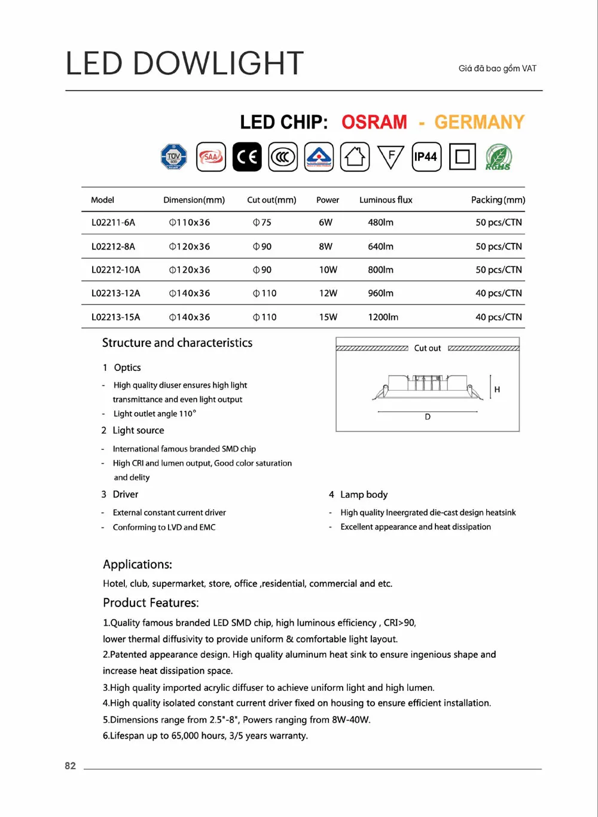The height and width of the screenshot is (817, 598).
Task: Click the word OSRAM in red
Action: point(374,122)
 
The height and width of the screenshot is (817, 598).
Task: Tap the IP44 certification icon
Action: point(426,157)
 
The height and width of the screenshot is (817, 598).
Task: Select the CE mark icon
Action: point(247,157)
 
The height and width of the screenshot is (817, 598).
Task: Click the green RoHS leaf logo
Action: point(498,157)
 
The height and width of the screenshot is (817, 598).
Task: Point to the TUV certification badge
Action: point(174,157)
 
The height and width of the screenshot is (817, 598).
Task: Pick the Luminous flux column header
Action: point(386,200)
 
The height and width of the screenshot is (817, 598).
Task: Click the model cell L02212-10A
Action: point(115,270)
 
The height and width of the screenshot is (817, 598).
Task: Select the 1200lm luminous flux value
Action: point(383,317)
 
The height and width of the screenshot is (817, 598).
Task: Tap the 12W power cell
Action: point(328,293)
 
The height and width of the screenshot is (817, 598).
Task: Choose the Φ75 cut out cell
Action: point(262,222)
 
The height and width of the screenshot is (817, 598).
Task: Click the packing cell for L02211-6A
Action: point(498,222)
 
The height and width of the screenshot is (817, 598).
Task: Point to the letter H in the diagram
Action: point(497,389)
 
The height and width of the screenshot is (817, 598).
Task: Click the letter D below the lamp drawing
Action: point(428,417)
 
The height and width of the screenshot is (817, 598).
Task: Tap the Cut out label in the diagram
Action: point(428,348)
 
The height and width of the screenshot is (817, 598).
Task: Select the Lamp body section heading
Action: point(364,495)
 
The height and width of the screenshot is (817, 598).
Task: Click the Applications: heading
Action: point(138,565)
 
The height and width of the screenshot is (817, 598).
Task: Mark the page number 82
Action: point(71,766)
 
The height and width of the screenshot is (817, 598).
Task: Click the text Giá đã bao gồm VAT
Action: point(498,69)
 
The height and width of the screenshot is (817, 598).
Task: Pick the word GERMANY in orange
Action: point(479,122)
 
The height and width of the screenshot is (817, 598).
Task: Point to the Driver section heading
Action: point(125,495)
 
